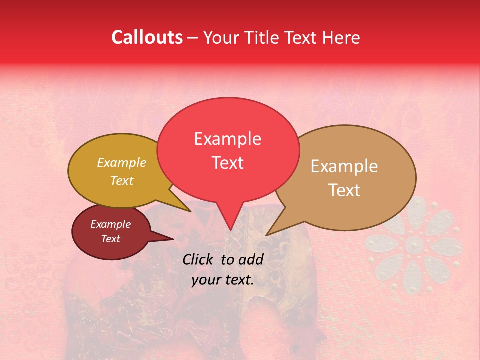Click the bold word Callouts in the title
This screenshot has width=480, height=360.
pyautogui.click(x=147, y=37)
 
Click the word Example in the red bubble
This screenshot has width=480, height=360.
pyautogui.click(x=227, y=139)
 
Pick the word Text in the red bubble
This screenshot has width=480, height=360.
pyautogui.click(x=227, y=163)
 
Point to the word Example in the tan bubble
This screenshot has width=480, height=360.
pyautogui.click(x=344, y=166)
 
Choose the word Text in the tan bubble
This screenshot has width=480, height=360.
pyautogui.click(x=344, y=190)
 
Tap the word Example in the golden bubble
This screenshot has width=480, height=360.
pyautogui.click(x=122, y=163)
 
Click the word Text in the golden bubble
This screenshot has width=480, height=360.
pyautogui.click(x=122, y=180)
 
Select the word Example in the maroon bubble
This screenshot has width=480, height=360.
pyautogui.click(x=110, y=224)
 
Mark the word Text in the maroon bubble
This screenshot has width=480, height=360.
pyautogui.click(x=110, y=239)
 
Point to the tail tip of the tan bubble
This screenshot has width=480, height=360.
pyautogui.click(x=268, y=233)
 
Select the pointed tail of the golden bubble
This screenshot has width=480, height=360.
pyautogui.click(x=188, y=209)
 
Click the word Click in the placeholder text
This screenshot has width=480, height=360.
pyautogui.click(x=199, y=259)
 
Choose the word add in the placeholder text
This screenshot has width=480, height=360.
pyautogui.click(x=251, y=259)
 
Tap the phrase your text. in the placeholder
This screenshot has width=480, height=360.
pyautogui.click(x=223, y=280)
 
